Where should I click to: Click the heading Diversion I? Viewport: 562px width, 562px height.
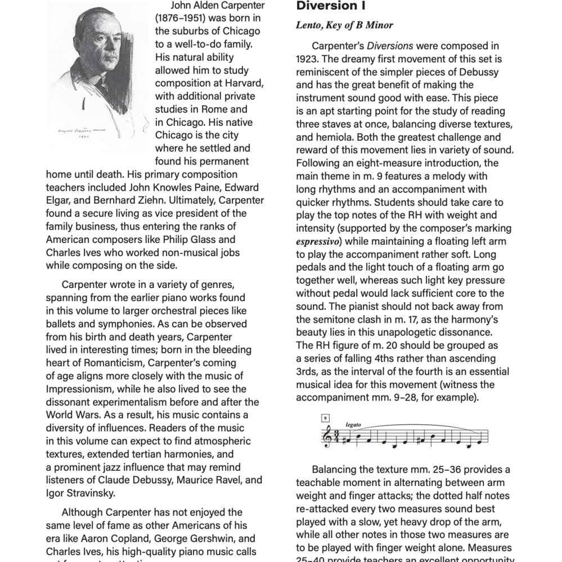330,7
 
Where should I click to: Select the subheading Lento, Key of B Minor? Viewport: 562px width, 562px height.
344,25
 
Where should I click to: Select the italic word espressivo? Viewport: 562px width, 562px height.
319,241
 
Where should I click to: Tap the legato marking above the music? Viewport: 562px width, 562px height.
353,425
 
